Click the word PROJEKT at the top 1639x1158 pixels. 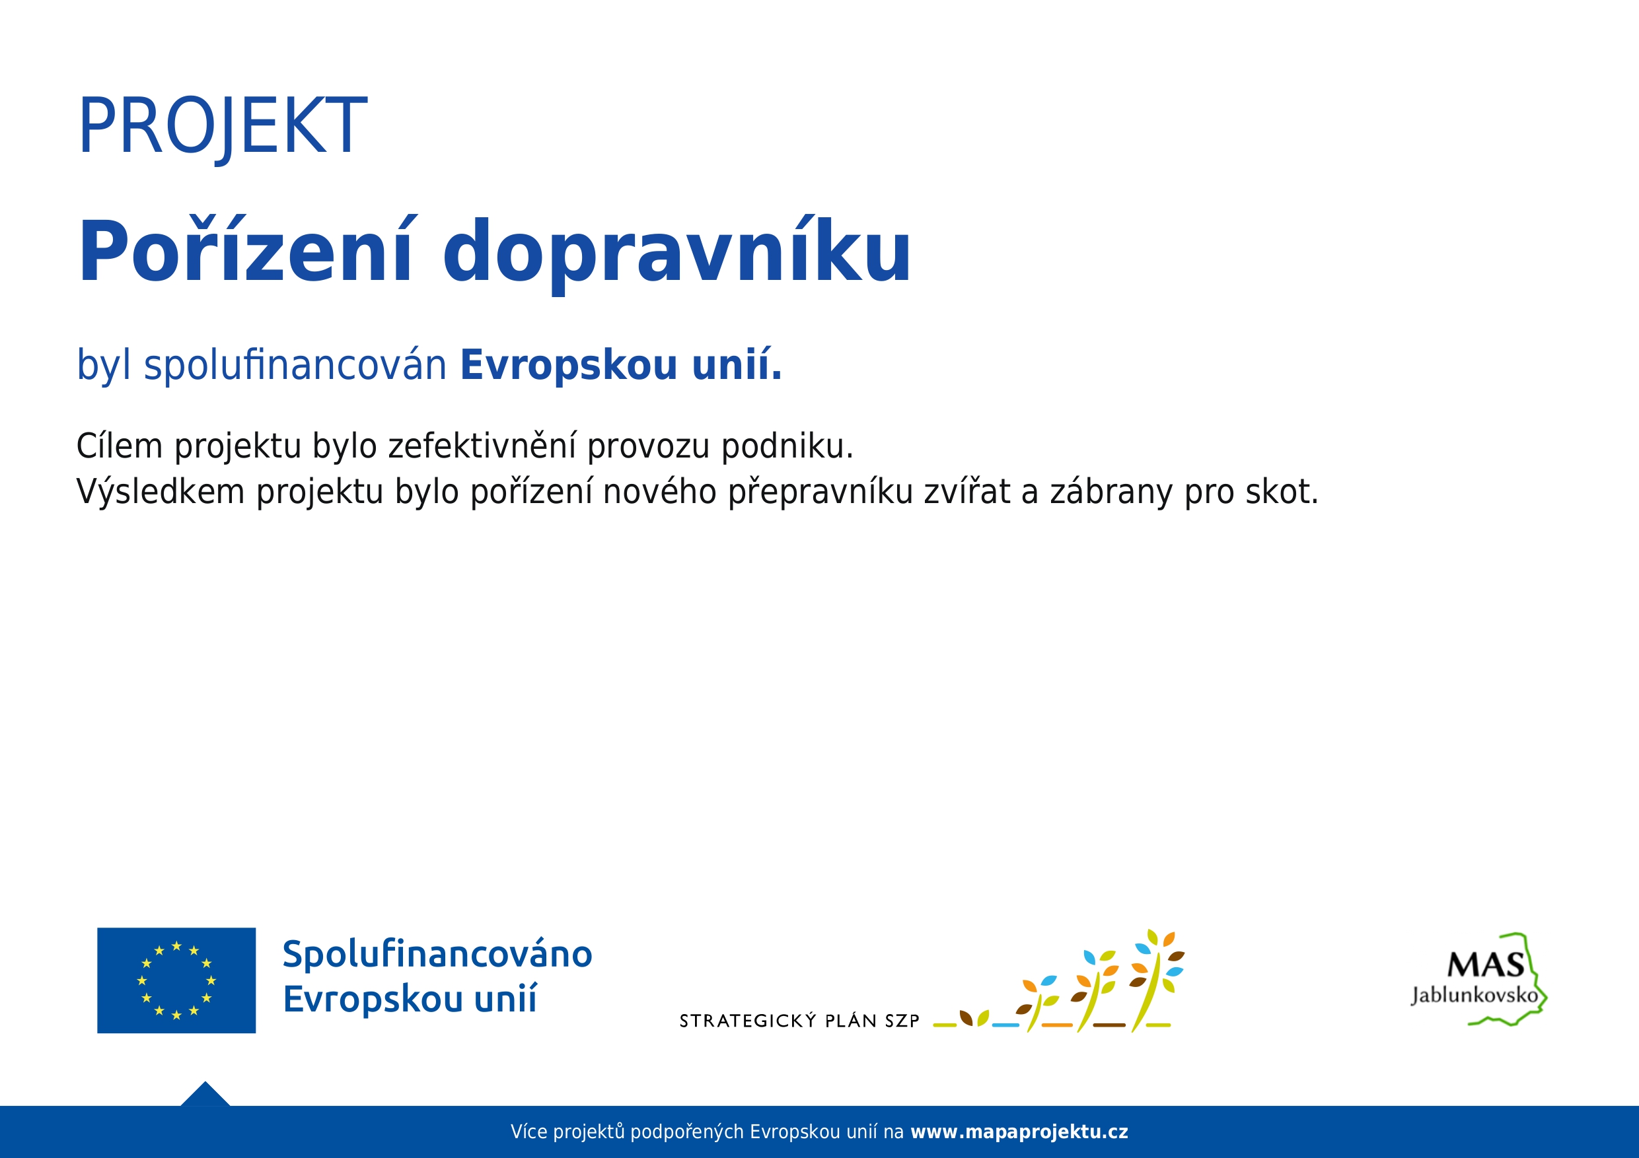[222, 126]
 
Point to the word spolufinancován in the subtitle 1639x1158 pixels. [295, 364]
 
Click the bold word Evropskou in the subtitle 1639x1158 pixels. [569, 365]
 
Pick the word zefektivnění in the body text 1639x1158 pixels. [482, 446]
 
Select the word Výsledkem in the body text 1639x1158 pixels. [161, 493]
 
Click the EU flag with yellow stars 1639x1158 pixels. [176, 980]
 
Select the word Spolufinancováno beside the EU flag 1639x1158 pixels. [437, 955]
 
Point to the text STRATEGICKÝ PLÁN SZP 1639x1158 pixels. [799, 1021]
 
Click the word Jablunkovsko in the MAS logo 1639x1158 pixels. [1475, 995]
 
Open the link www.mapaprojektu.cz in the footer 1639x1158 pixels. [1019, 1132]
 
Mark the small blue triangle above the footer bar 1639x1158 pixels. [205, 1095]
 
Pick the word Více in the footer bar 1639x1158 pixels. [529, 1132]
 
